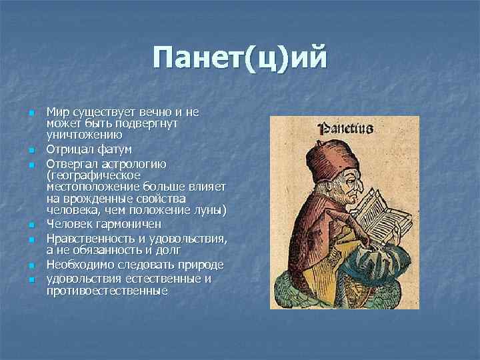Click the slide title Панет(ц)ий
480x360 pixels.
pyautogui.click(x=240, y=58)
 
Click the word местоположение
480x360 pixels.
pyautogui.click(x=89, y=187)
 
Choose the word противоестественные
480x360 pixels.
pyautogui.click(x=107, y=291)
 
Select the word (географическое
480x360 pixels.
pyautogui.click(x=93, y=175)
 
